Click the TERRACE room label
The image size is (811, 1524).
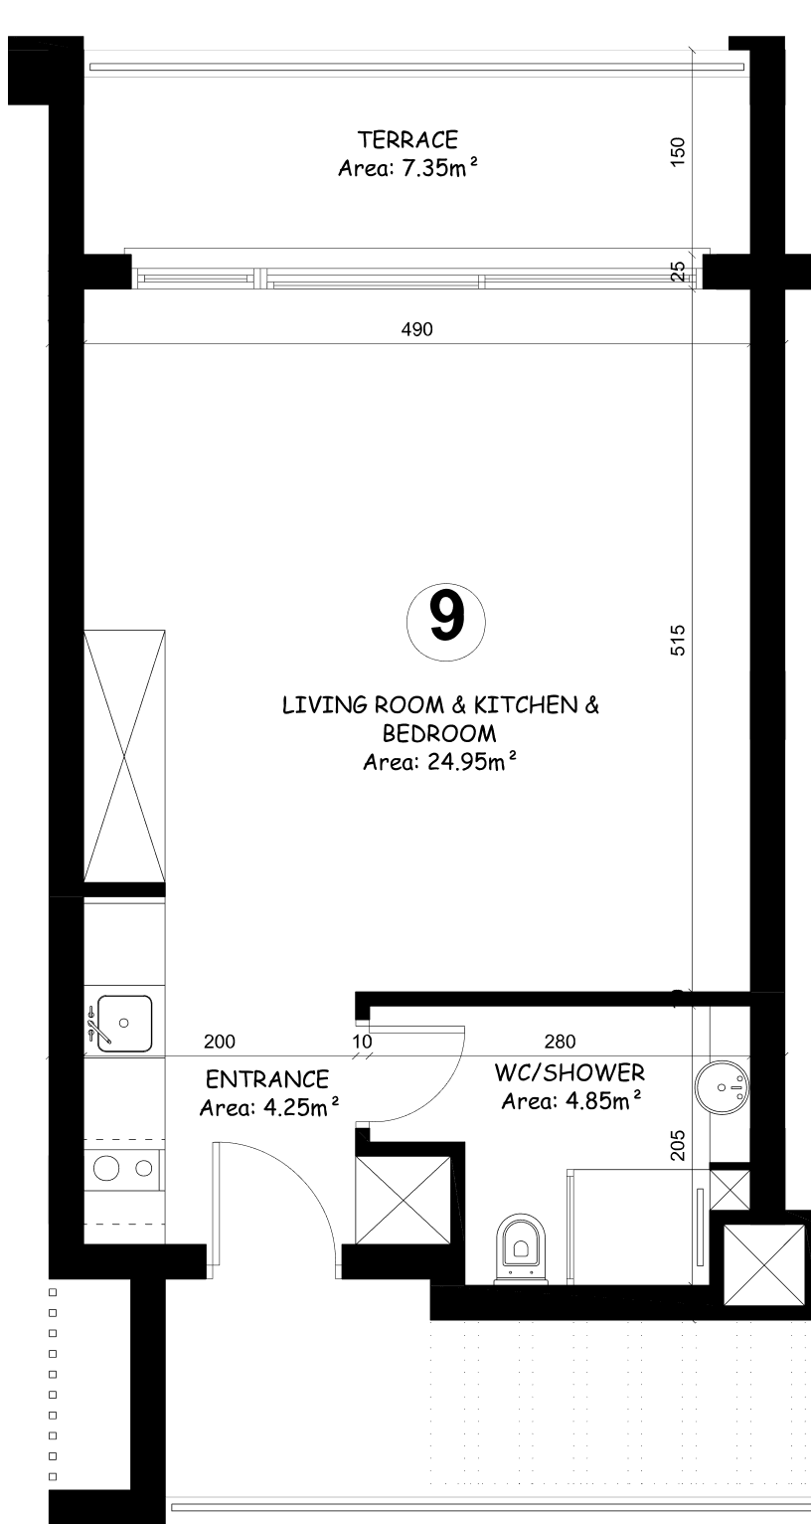407,140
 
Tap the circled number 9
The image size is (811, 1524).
446,622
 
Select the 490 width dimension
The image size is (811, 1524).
416,329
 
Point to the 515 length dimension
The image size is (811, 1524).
678,641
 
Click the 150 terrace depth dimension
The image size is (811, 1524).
678,152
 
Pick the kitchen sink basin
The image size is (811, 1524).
124,1024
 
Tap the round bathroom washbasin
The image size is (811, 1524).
722,1087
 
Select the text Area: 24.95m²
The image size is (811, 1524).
440,762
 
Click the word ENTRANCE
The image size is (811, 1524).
267,1079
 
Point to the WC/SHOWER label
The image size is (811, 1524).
569,1073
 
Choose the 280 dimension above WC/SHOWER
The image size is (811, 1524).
561,1042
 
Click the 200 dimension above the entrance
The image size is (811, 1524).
220,1042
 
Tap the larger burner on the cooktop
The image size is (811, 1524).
106,1169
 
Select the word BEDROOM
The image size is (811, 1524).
439,733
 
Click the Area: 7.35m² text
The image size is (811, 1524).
407,168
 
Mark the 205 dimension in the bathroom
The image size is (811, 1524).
678,1146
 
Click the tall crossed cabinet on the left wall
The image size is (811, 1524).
124,756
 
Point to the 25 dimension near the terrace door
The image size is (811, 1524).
678,272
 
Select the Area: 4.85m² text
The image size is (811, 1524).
571,1101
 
